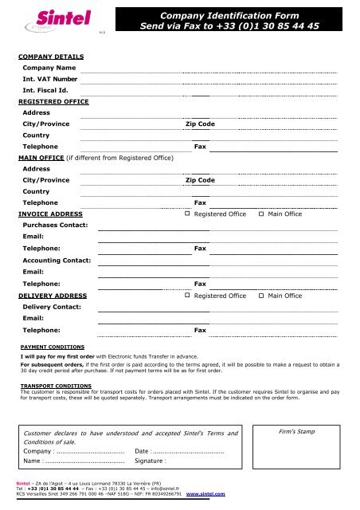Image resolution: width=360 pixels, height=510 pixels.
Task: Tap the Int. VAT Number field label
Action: tap(50, 80)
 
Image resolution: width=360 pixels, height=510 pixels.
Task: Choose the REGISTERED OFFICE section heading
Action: tap(55, 102)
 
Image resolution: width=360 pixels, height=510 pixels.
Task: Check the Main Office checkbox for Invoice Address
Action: tap(262, 214)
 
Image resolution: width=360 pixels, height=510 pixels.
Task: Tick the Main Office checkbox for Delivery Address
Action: tap(262, 296)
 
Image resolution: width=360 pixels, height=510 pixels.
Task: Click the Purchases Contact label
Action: tap(56, 226)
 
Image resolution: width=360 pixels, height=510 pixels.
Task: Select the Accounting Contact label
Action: tap(57, 261)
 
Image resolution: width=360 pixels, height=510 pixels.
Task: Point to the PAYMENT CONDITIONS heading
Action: tap(53, 347)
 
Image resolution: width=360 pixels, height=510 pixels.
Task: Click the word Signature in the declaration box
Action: tap(150, 461)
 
